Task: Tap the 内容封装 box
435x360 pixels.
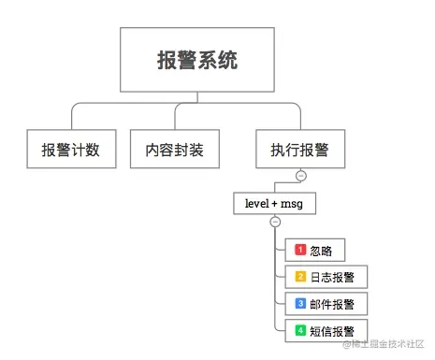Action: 181,149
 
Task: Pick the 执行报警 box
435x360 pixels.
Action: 299,149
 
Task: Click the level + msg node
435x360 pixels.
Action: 274,202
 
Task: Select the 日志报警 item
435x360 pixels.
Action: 326,276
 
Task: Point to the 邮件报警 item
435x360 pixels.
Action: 326,303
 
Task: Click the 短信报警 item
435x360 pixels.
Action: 326,329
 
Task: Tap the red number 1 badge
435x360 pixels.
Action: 300,250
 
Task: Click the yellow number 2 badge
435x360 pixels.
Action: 300,276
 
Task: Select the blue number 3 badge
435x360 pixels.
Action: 300,303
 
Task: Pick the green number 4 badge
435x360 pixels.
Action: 300,329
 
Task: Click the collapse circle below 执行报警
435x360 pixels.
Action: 300,176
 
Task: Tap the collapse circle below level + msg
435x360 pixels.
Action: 274,222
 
